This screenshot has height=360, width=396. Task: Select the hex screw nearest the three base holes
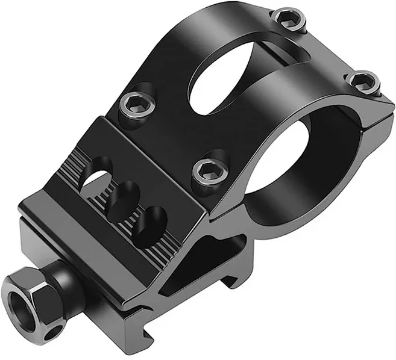point(207,171)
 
